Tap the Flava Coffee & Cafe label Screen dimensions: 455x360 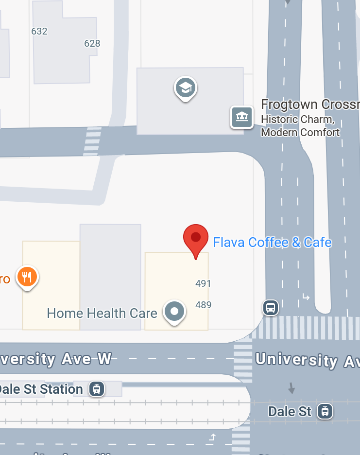pos(272,242)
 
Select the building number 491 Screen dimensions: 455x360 pos(203,283)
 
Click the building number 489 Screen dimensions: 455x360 pos(203,305)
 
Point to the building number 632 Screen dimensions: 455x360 pos(39,31)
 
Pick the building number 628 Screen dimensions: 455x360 pos(92,43)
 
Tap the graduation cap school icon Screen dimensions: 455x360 pos(186,88)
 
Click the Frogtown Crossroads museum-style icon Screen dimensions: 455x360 pos(242,117)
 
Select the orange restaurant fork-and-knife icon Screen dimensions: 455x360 pos(27,277)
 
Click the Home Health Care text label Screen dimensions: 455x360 pos(102,313)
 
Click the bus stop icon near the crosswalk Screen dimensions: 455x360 pos(271,307)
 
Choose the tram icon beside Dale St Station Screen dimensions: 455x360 pos(97,389)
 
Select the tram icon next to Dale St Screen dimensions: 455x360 pos(325,411)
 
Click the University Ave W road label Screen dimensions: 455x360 pos(56,359)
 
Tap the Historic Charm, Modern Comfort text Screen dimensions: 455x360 pos(300,125)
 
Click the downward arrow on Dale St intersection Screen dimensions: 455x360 pos(291,387)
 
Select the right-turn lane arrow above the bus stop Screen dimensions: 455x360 pos(306,297)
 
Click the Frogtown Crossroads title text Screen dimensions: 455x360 pos(310,105)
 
